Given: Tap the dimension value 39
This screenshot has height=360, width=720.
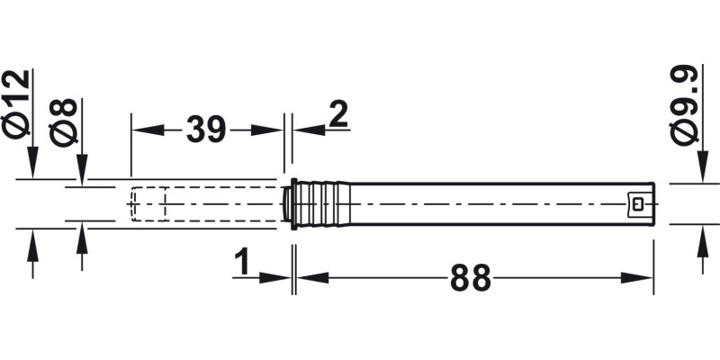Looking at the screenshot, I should point(206,130).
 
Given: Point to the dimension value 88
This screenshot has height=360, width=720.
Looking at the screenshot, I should point(472,278).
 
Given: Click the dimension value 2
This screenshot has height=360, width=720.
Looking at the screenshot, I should point(338,115).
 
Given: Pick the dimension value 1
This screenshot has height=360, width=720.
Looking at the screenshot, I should point(241,263).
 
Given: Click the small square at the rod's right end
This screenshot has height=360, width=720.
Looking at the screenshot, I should point(639,204).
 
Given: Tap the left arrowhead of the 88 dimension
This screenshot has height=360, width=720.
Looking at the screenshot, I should point(306,278).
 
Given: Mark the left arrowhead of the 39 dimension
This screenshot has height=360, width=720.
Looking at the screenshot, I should point(143,130).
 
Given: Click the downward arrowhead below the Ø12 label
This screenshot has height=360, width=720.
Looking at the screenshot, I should point(32,168).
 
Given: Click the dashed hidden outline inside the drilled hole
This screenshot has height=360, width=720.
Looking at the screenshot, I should point(148,204).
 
